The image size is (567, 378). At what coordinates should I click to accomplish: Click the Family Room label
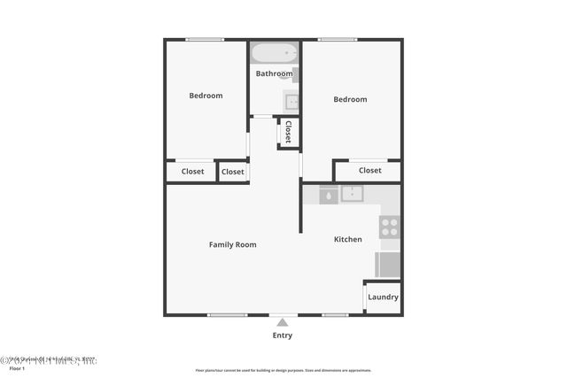click(x=232, y=244)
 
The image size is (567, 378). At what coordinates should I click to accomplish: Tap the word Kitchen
click(x=347, y=239)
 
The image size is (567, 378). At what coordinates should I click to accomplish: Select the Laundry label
click(x=383, y=297)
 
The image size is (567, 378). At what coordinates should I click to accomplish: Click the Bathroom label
click(x=274, y=73)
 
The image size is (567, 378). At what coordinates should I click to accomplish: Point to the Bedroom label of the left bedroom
click(x=206, y=96)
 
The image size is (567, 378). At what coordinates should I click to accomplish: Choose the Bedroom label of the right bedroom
click(x=350, y=99)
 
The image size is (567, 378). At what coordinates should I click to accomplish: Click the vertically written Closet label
click(x=288, y=132)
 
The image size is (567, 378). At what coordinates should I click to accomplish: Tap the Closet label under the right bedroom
click(x=370, y=170)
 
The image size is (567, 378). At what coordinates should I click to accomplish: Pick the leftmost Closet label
click(x=192, y=172)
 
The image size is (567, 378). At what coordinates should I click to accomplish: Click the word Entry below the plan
click(x=283, y=336)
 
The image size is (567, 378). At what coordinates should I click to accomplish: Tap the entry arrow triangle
click(x=283, y=321)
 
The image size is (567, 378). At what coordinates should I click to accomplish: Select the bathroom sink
click(x=292, y=102)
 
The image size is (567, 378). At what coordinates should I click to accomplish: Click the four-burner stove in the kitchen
click(x=389, y=227)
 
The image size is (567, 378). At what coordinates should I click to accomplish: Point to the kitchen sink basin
click(x=352, y=194)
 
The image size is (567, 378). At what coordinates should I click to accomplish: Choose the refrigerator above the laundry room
click(x=388, y=265)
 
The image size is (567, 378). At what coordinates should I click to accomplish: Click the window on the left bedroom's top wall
click(x=205, y=39)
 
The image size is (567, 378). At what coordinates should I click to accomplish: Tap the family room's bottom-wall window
click(x=227, y=315)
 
